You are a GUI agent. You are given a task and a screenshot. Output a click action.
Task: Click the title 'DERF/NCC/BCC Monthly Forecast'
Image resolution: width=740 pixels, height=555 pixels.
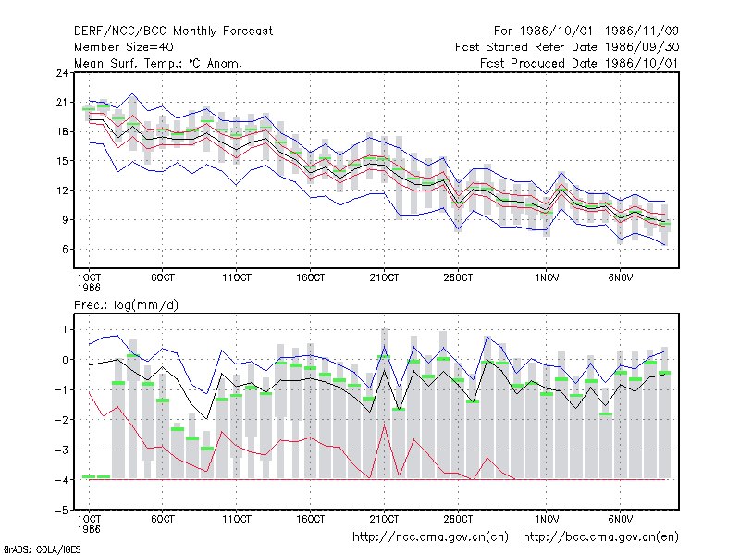(173, 31)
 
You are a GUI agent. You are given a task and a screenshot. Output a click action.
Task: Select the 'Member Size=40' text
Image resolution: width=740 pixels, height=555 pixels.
(124, 47)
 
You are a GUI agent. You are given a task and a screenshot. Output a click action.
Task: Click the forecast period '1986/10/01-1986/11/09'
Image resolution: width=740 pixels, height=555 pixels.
(598, 31)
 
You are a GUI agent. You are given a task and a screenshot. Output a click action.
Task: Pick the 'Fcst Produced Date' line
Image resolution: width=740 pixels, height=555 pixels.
(580, 63)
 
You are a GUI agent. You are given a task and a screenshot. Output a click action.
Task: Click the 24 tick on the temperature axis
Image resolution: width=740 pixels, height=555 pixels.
(62, 73)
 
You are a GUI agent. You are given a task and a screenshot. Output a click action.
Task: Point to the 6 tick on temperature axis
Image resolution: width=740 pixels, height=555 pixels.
(65, 249)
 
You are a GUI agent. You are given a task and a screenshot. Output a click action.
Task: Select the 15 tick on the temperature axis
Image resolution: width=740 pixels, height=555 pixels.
(62, 161)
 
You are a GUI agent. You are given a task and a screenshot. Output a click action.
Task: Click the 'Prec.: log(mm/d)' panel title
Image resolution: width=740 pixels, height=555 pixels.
(126, 305)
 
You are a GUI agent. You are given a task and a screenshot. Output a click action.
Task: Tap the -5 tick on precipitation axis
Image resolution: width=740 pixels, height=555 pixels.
(61, 511)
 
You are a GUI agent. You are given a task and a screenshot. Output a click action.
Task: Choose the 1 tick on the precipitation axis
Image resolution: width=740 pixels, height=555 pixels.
(65, 329)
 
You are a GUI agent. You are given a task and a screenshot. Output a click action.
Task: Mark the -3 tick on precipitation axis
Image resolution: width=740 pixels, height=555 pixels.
(61, 450)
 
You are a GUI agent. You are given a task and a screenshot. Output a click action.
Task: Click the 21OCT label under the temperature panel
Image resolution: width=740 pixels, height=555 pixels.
(384, 277)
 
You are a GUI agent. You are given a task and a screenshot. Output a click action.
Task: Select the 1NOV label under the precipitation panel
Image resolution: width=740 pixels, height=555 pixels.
(547, 519)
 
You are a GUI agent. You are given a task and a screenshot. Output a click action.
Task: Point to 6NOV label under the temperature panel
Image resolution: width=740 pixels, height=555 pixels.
(620, 277)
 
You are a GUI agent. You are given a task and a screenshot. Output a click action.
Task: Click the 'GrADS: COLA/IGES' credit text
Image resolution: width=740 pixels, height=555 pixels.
(42, 549)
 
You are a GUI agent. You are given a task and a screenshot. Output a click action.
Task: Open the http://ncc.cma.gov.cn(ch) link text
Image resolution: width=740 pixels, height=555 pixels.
(430, 537)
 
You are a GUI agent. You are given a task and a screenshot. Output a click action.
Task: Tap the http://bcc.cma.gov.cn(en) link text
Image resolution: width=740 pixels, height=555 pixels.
(600, 537)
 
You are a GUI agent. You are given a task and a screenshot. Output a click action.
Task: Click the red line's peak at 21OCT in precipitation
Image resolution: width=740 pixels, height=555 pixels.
(384, 425)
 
